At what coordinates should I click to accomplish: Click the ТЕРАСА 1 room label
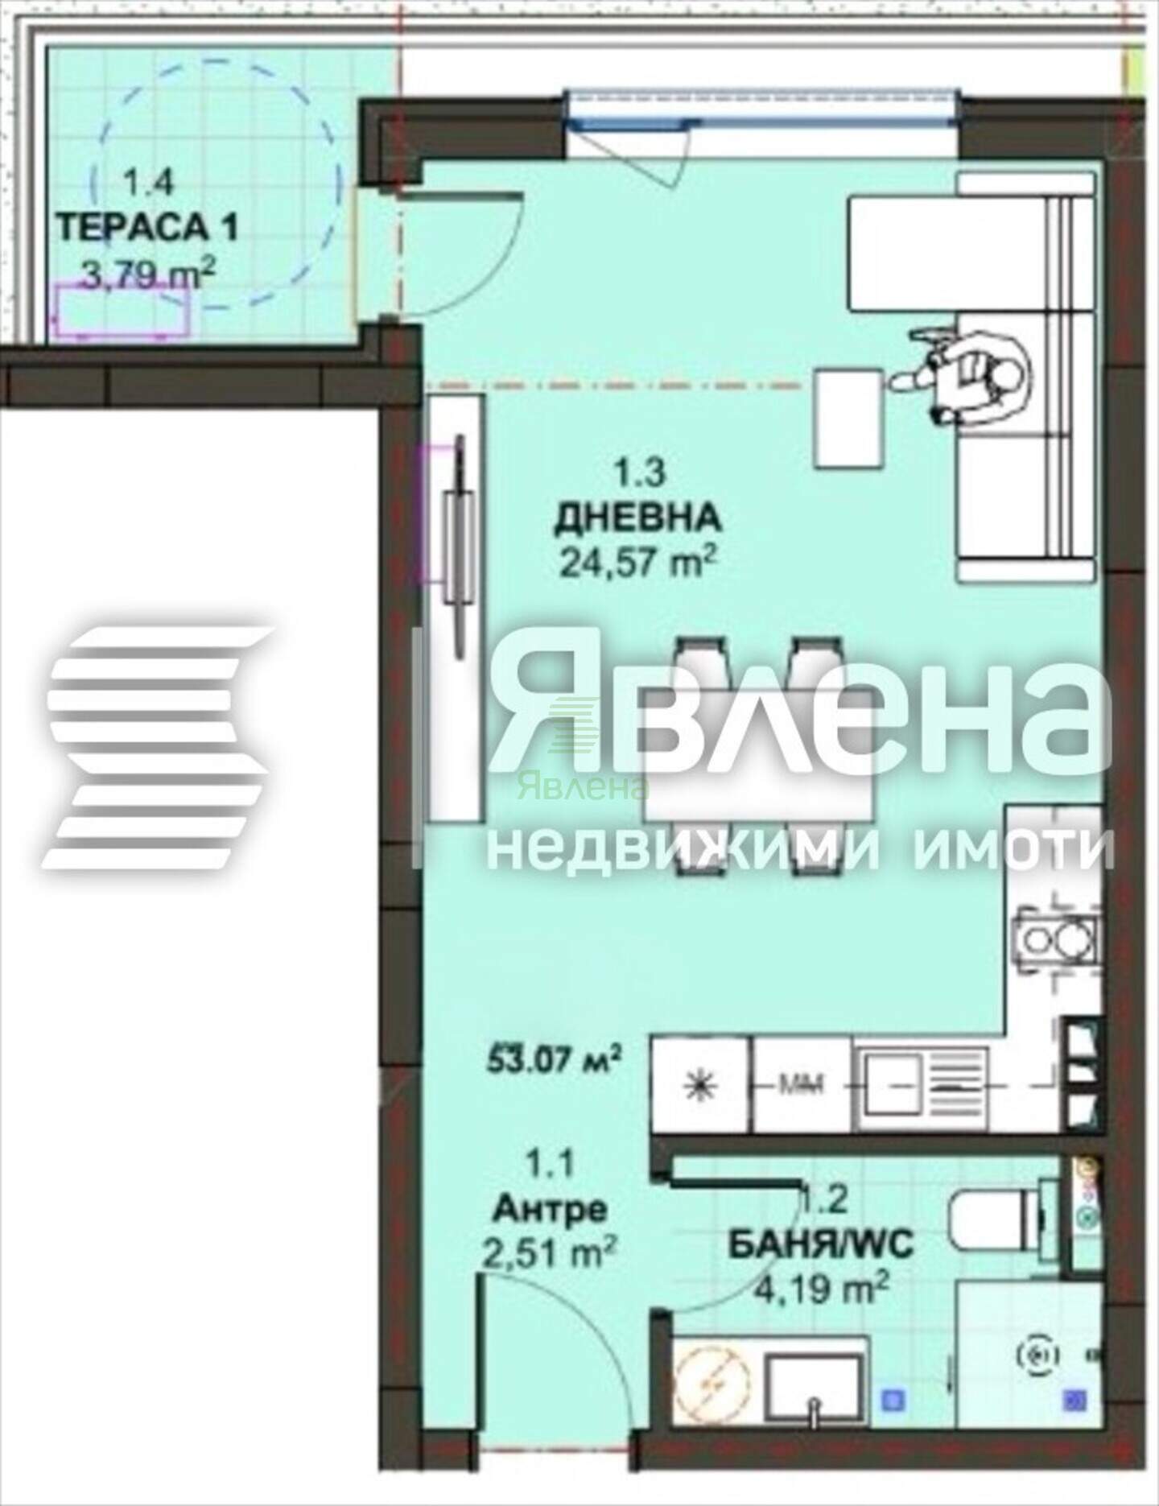[x=149, y=229]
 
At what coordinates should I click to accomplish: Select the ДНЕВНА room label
[x=637, y=517]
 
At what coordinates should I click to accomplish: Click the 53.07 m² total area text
[x=555, y=1058]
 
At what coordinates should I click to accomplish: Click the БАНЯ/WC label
[x=821, y=1268]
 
